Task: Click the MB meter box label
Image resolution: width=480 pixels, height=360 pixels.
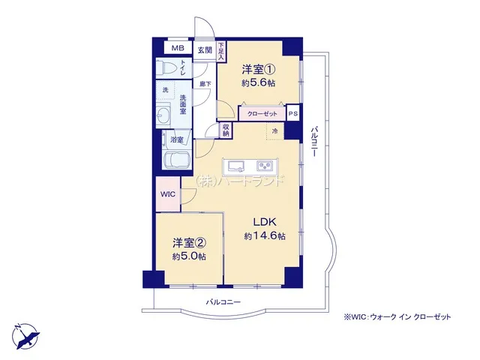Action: pos(178,48)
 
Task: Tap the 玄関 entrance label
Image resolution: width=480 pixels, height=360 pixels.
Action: pos(205,50)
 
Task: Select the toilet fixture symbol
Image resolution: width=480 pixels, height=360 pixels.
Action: pos(164,67)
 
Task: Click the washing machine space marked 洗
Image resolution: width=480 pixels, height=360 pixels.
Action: pos(165,90)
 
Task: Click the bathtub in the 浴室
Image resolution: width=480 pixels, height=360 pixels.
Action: pos(177,160)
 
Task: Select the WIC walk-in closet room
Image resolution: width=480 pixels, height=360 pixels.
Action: pos(168,194)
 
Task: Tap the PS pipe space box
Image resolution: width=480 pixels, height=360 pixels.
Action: pos(293,113)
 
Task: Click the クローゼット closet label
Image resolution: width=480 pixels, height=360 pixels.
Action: pos(262,114)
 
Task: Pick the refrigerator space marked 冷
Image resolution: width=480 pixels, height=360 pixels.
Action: pos(275,131)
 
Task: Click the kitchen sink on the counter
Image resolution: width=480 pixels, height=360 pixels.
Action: pos(235,166)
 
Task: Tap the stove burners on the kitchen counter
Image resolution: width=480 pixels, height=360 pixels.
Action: pos(265,166)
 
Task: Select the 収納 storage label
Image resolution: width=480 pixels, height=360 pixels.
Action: pos(226,130)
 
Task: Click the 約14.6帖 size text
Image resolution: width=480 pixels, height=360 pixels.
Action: pos(265,236)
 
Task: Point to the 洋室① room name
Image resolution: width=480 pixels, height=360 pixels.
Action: pos(258,70)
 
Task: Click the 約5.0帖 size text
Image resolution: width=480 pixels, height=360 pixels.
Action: pos(189,256)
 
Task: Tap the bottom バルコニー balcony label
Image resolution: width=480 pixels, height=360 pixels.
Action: pos(223,302)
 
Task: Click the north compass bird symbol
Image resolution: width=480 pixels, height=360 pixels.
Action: pos(26,336)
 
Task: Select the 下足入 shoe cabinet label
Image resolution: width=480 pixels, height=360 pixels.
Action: pos(221,51)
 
